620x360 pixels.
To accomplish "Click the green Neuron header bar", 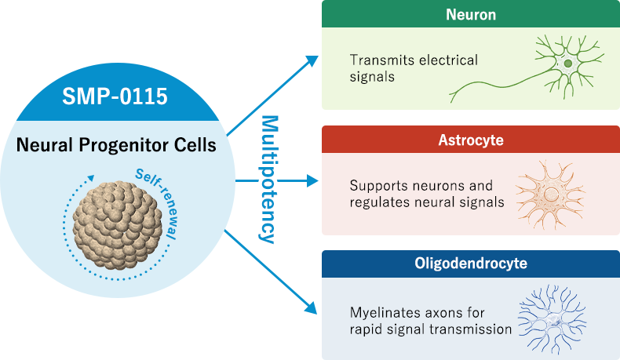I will [471, 14].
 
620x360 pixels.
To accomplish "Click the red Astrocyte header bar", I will [471, 140].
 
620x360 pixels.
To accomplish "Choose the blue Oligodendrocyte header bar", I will [471, 263].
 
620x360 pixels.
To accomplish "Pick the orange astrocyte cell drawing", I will [550, 195].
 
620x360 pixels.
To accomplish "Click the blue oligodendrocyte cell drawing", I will [553, 318].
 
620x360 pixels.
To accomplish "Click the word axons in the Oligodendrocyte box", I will [441, 312].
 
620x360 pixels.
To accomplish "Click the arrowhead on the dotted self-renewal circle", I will [92, 177].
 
